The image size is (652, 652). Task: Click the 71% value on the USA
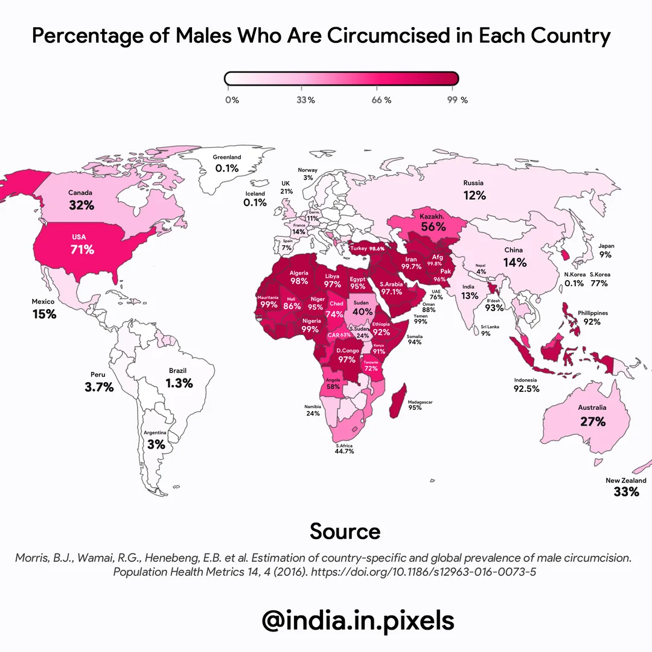point(81,249)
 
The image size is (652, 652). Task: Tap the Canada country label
point(80,193)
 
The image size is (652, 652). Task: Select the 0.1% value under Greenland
point(227,168)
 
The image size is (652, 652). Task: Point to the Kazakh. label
point(432,215)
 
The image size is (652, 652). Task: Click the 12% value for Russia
point(475,195)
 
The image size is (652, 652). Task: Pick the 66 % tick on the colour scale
point(381,100)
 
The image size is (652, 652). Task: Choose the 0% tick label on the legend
point(232,100)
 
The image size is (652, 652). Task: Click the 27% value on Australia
point(592,421)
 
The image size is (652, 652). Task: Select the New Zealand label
point(625,481)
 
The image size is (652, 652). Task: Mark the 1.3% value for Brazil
point(179,383)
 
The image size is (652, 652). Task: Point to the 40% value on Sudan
point(362,312)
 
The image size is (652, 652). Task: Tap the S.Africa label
point(344,446)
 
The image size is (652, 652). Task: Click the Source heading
point(345,531)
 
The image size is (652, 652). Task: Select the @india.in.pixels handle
point(357,620)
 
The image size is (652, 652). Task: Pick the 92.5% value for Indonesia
point(526,389)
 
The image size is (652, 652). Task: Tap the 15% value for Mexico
point(45,314)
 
